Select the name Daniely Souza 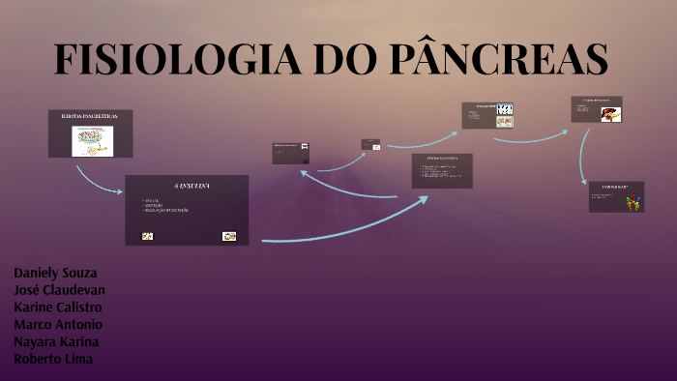coord(56,273)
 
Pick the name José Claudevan coord(60,290)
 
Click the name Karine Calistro coord(58,308)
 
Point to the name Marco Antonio coord(58,325)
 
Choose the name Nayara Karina coord(56,341)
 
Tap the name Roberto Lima coord(53,359)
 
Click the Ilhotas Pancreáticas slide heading coord(90,116)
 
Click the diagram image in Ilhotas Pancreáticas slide coord(92,141)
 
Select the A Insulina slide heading coord(186,184)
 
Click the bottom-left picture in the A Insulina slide coord(147,235)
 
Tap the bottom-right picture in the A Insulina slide coord(229,235)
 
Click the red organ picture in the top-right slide coord(611,114)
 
